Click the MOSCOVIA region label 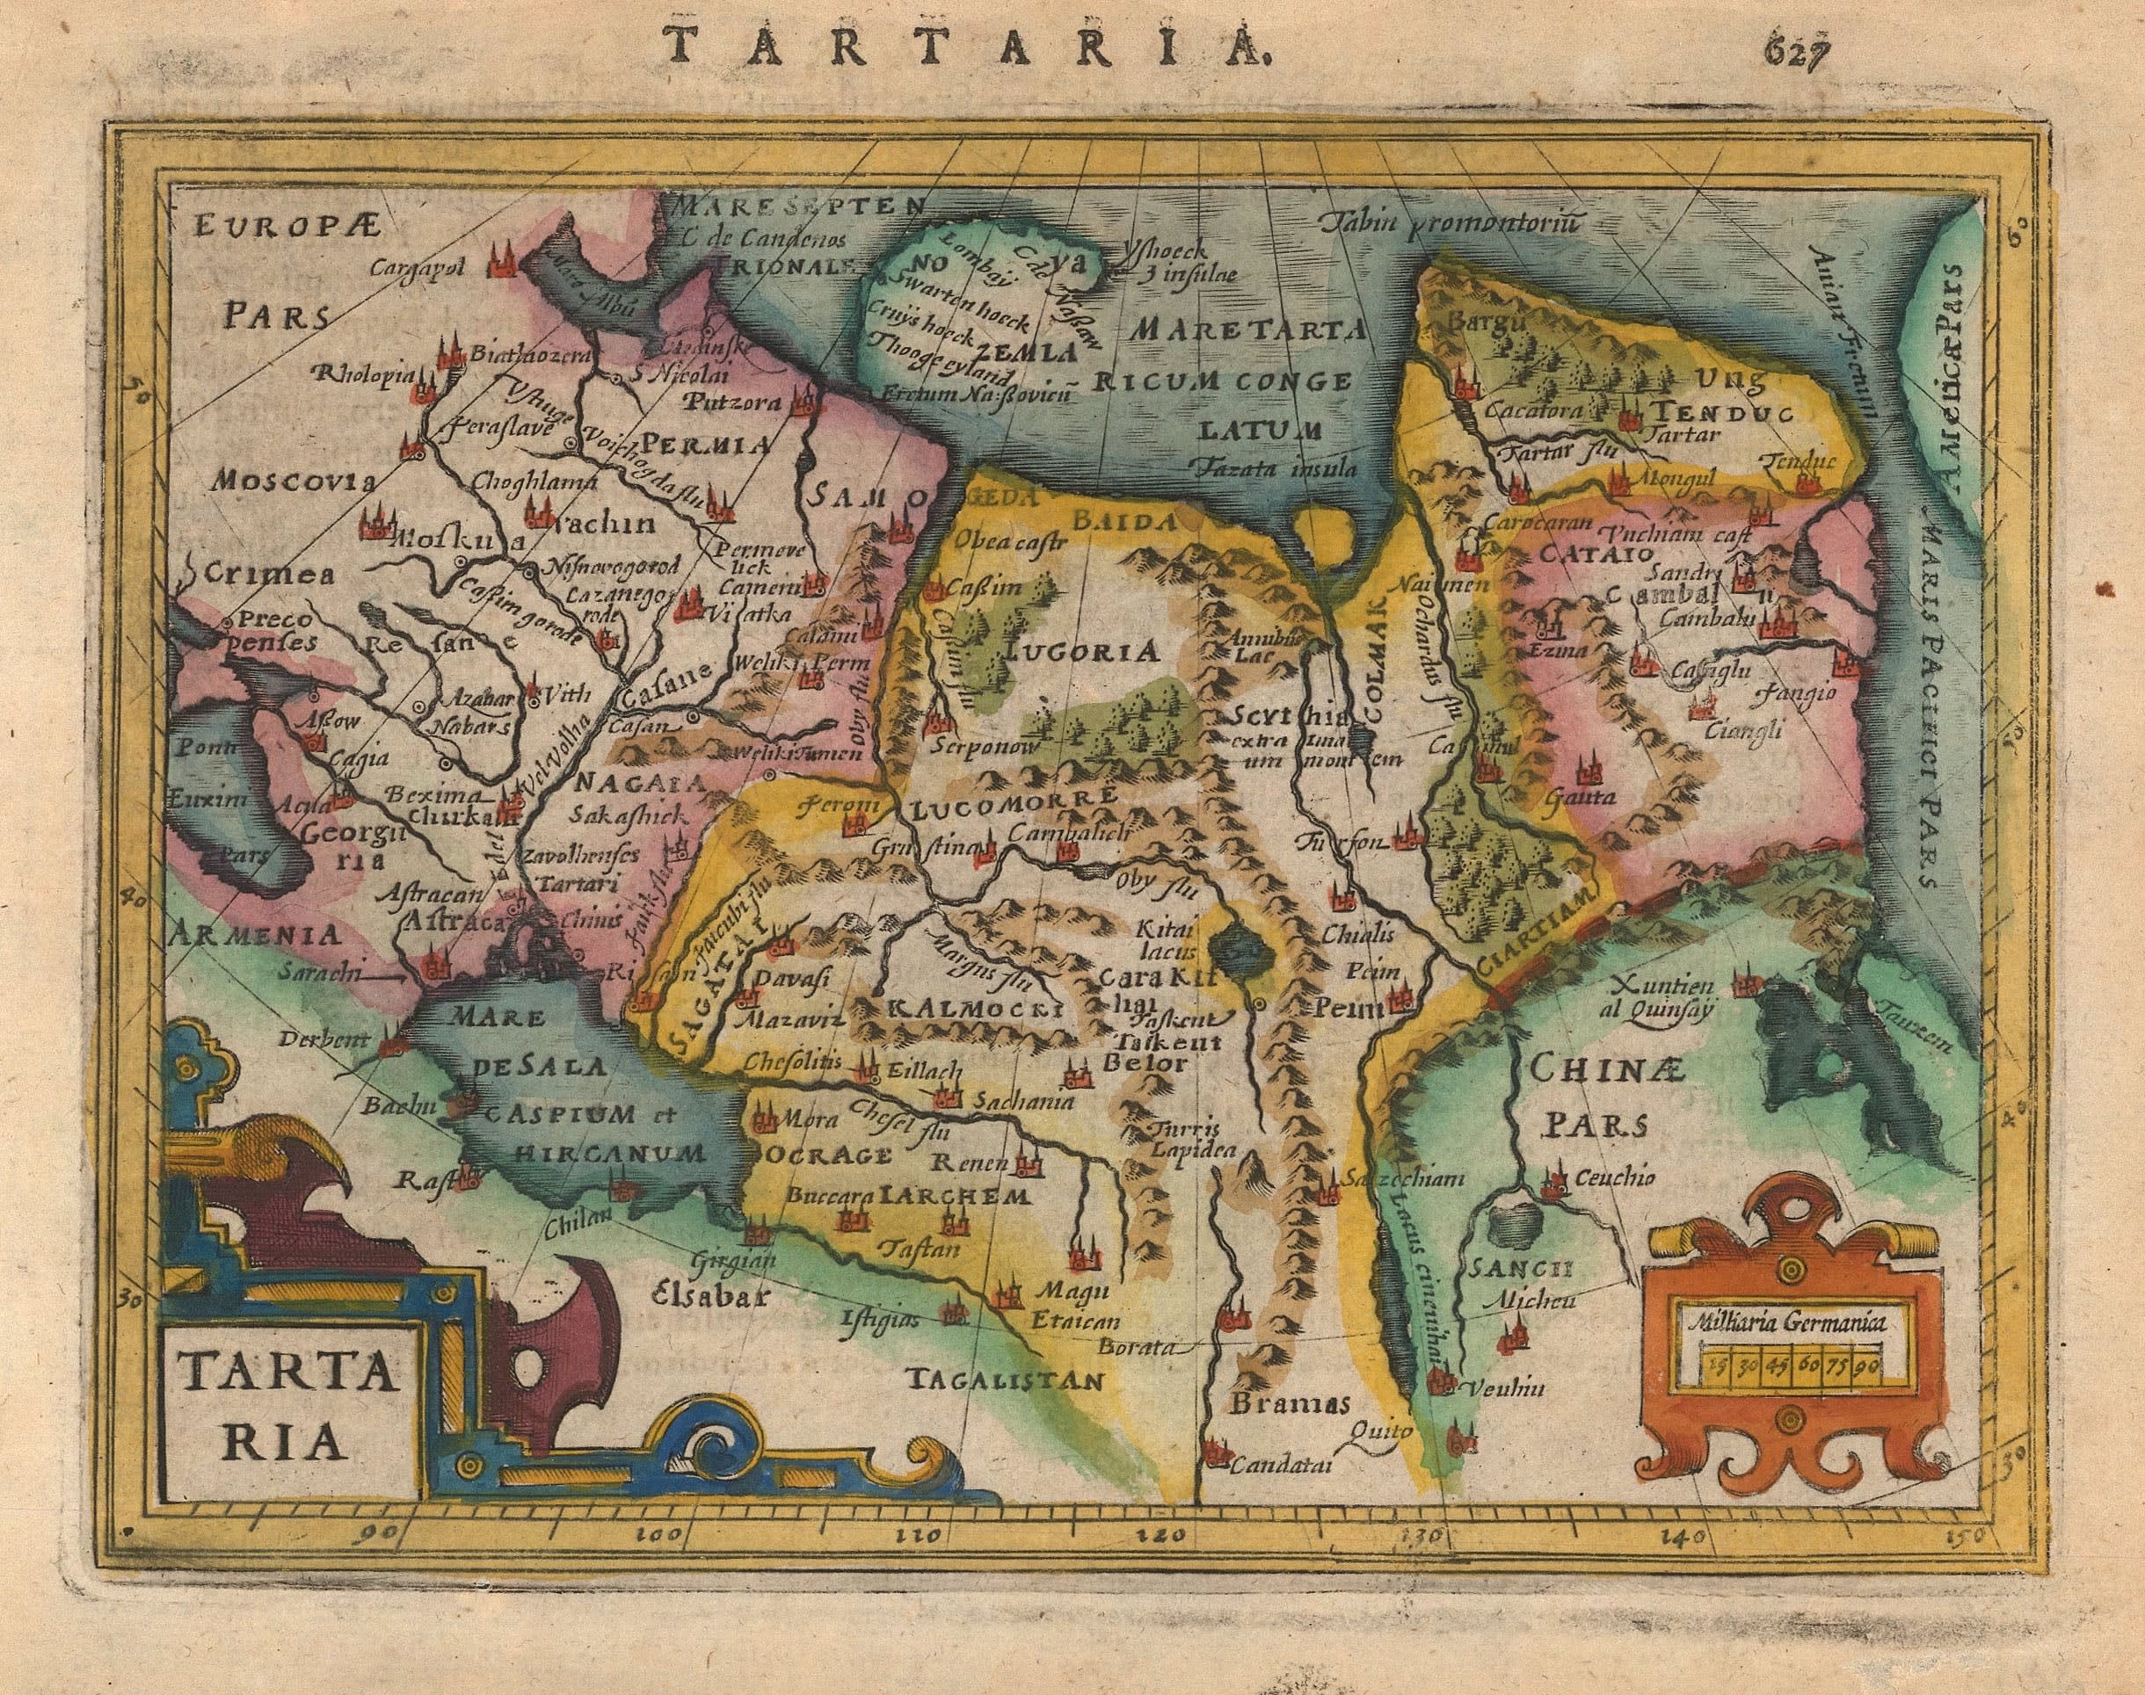[x=292, y=482]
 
